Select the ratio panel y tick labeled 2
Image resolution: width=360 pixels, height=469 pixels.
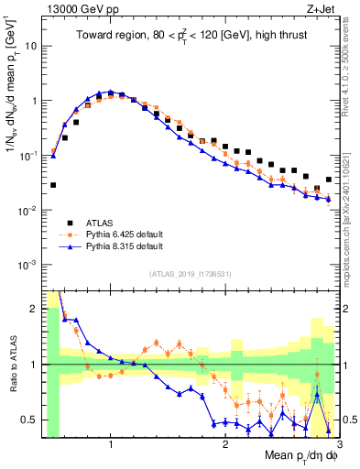(x=36, y=309)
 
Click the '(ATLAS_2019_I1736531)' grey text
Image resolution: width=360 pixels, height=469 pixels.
(x=191, y=274)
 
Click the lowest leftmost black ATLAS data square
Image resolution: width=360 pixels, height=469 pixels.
(x=53, y=185)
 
